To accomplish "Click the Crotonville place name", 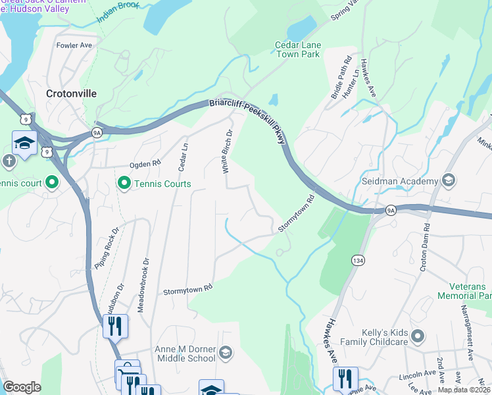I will [71, 93].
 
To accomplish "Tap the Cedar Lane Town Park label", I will [297, 49].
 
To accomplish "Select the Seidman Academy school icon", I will [449, 181].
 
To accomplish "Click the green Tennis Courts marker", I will [123, 184].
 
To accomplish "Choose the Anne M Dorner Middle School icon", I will [226, 354].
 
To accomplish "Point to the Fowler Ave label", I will [74, 45].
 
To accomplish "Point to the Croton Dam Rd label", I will [426, 246].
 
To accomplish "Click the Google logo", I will [22, 387].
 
